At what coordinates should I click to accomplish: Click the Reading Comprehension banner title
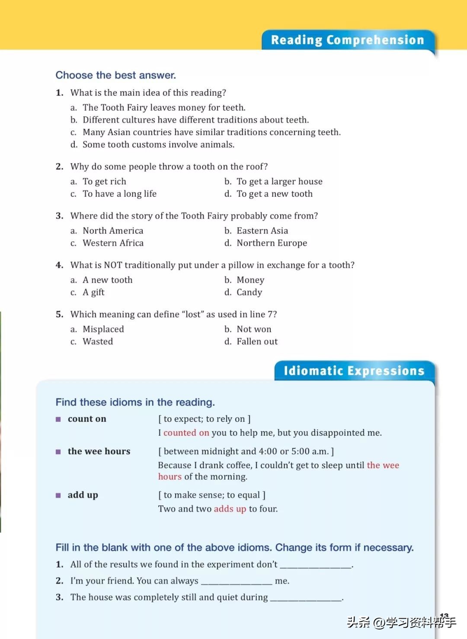coord(347,40)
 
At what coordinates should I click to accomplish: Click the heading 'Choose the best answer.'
coord(115,75)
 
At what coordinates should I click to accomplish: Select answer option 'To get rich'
coord(104,182)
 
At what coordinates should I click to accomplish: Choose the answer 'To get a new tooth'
coord(274,194)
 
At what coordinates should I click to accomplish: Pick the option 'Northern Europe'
coord(272,243)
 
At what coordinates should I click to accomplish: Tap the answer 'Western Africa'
coord(113,243)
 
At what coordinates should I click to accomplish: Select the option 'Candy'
coord(249,292)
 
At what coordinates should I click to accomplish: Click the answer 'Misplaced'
coord(103,329)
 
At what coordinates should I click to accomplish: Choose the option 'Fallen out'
coord(257,342)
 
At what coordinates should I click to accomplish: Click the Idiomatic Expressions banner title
coord(354,371)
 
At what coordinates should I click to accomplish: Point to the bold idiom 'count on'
coord(87,419)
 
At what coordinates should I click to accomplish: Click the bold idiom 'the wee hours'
coord(99,451)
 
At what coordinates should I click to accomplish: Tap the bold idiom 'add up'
coord(83,495)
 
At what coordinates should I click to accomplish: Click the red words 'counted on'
coord(186,433)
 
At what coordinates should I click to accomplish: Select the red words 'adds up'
coord(230,509)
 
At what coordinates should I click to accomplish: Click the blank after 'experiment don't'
coord(316,565)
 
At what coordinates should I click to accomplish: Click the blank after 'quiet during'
coord(306,598)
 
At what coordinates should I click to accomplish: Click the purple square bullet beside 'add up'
coord(58,495)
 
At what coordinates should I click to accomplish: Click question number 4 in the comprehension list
coord(60,265)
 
